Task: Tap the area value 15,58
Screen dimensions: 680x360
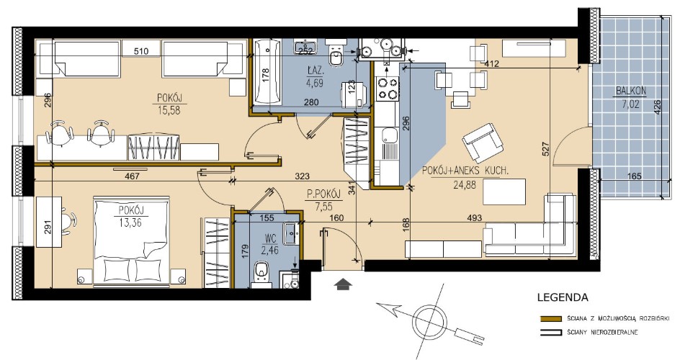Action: click(169, 110)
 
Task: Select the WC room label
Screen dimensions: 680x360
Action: click(269, 239)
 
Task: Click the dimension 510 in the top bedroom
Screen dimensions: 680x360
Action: click(141, 52)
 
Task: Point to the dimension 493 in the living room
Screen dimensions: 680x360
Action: click(475, 218)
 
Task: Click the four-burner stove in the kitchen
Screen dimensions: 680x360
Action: click(388, 89)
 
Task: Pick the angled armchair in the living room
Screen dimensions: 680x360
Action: click(483, 143)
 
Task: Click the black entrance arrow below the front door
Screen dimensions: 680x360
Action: click(343, 284)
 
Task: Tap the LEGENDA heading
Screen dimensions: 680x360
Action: click(563, 297)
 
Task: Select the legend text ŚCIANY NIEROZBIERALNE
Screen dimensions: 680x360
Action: click(602, 333)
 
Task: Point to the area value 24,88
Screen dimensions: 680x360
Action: click(465, 185)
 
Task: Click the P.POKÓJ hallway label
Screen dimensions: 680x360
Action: click(323, 194)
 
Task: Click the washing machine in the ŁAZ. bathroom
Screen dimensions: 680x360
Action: click(355, 94)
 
